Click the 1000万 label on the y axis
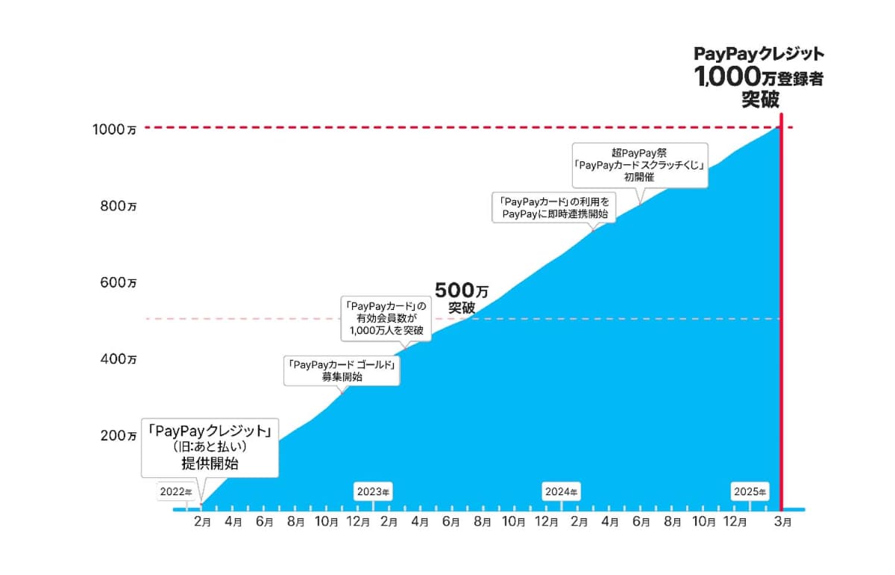(114, 128)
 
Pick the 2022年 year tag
(176, 492)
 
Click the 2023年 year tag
(373, 492)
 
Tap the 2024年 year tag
(562, 492)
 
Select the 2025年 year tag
(750, 492)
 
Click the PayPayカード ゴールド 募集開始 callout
(342, 370)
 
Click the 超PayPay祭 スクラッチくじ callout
(638, 165)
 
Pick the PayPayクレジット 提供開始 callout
(210, 447)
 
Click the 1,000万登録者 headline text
(759, 77)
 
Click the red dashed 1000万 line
(447, 128)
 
